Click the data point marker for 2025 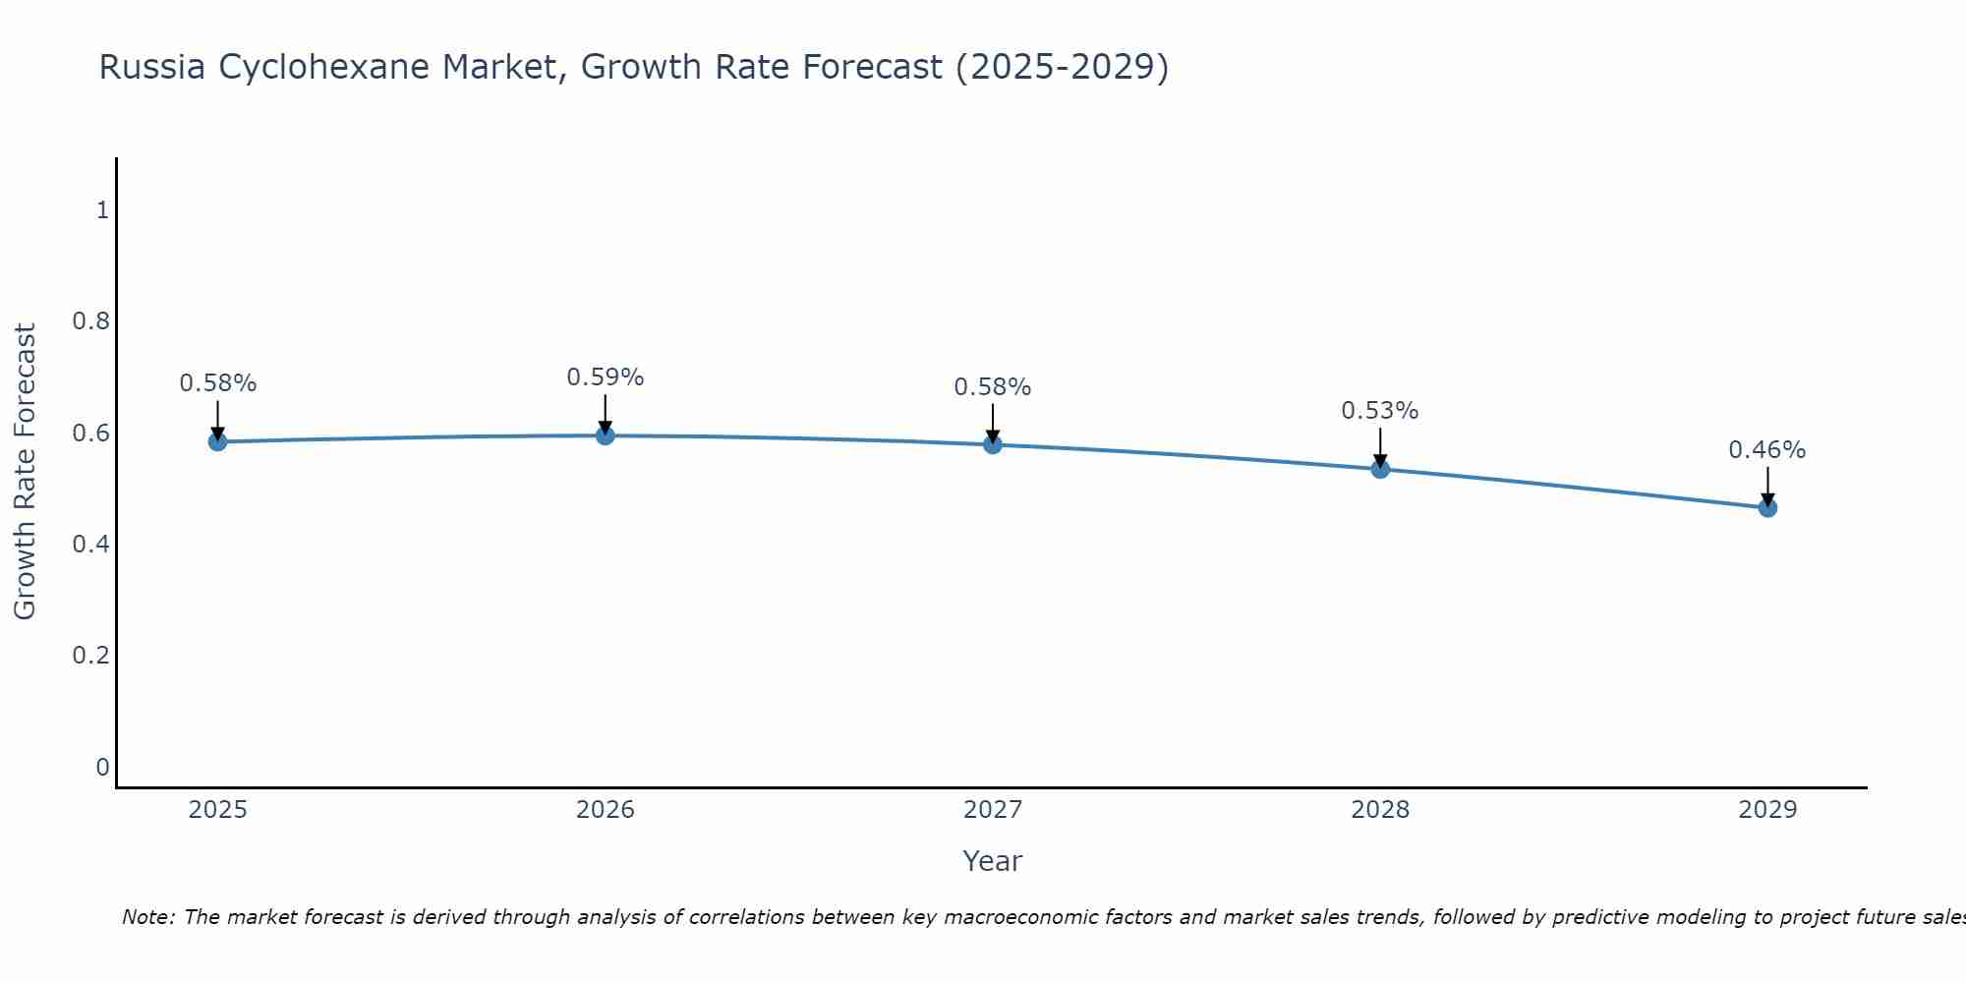point(217,441)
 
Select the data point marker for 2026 point(605,434)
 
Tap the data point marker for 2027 point(992,444)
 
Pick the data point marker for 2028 point(1379,469)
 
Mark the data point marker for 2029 point(1766,507)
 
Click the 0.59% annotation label point(605,377)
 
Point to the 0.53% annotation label point(1379,411)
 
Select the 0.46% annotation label point(1766,450)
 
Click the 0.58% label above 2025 point(217,383)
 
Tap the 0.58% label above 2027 point(992,387)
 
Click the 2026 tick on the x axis point(605,810)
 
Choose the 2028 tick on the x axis point(1379,810)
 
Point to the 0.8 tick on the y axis point(90,321)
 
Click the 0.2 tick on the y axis point(90,655)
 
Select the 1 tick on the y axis point(101,210)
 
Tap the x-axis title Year point(992,861)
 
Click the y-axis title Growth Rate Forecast point(25,472)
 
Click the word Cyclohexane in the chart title point(323,68)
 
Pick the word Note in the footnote point(147,917)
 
